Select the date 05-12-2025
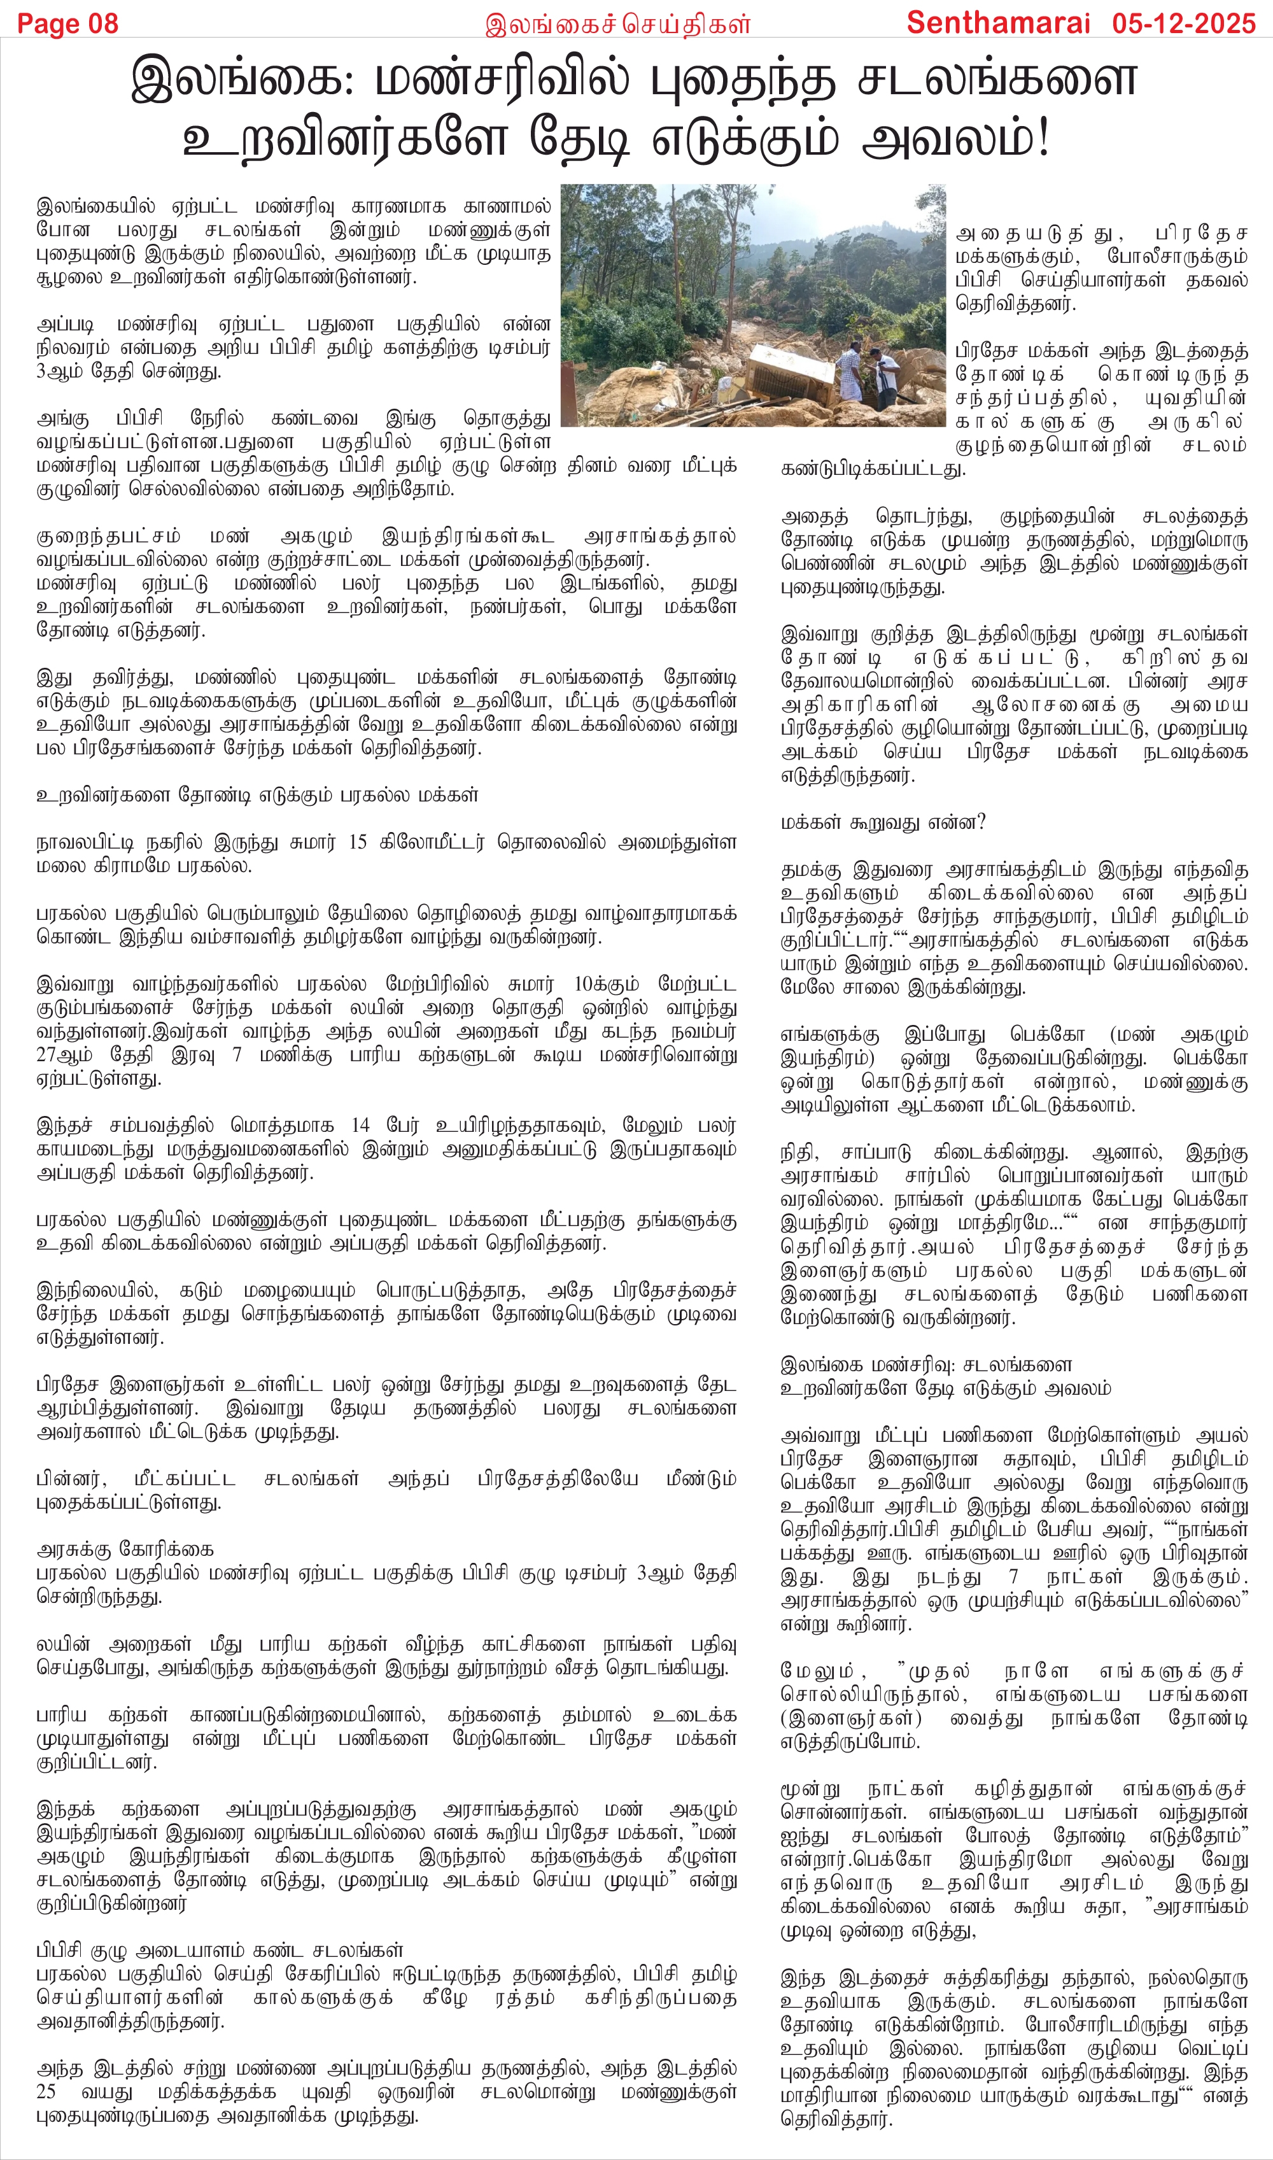[1184, 22]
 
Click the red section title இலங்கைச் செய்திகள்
[617, 24]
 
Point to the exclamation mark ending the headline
[1043, 139]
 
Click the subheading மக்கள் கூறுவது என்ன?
[883, 822]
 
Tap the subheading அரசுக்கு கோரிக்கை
[125, 1550]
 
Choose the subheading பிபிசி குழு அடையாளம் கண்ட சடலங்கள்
[220, 1951]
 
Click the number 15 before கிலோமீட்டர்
[358, 842]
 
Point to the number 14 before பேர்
[360, 1125]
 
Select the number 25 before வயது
[46, 2091]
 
